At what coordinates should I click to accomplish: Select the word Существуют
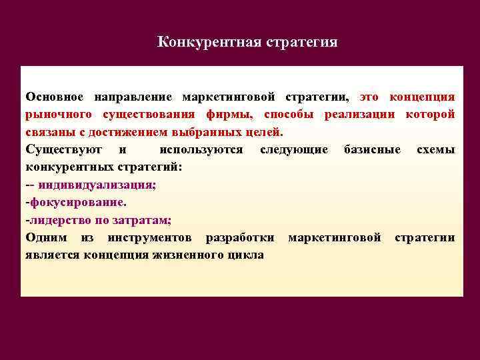pyautogui.click(x=63, y=150)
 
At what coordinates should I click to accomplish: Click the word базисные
pyautogui.click(x=372, y=150)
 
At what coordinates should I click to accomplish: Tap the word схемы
pyautogui.click(x=436, y=150)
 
